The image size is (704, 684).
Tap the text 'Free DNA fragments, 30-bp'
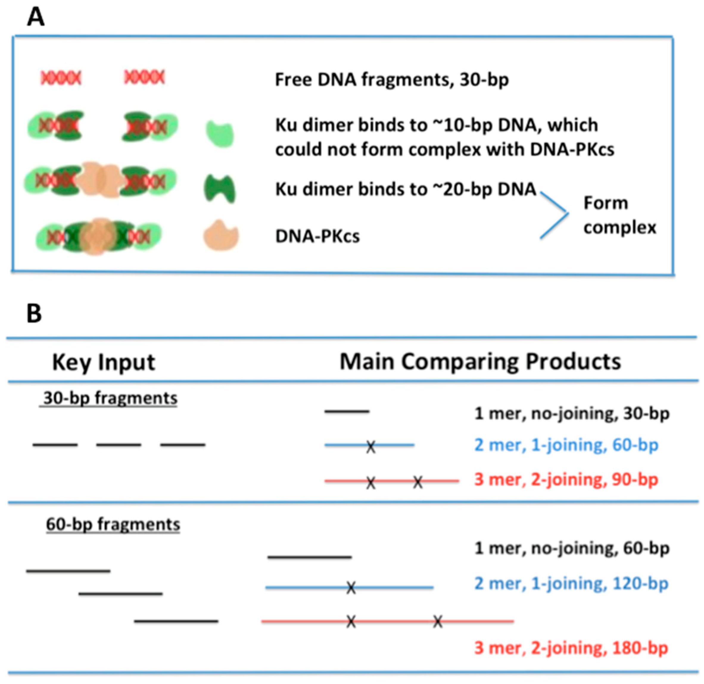392,80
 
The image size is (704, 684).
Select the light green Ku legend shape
220,134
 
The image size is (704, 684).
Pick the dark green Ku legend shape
220,189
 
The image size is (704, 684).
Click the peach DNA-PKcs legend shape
221,235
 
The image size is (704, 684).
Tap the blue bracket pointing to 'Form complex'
555,215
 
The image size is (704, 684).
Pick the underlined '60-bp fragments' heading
113,525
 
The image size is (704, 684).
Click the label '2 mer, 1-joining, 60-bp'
566,445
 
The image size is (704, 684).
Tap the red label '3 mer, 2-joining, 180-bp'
571,648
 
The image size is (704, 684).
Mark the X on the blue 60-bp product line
371,447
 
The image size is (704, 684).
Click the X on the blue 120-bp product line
351,588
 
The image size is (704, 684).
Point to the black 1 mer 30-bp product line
347,411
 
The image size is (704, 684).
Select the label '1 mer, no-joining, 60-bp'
572,548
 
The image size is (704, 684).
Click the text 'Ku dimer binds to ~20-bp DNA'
406,189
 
